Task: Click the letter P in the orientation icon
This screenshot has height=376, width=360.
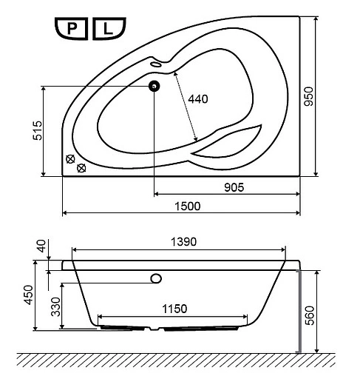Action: coord(72,29)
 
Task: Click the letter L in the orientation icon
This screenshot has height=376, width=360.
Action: coord(108,29)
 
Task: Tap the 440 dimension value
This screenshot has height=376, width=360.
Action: coord(198,99)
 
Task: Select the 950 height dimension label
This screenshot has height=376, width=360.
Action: coord(308,96)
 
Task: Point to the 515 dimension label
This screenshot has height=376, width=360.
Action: coord(38,130)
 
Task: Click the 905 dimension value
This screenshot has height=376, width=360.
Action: coord(234,187)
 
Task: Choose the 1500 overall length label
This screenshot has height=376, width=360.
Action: coord(188,206)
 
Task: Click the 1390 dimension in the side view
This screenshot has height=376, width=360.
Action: coord(184,242)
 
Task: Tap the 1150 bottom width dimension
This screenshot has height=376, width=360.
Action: coord(174,309)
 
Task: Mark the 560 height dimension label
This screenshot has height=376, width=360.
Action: coord(310,315)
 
